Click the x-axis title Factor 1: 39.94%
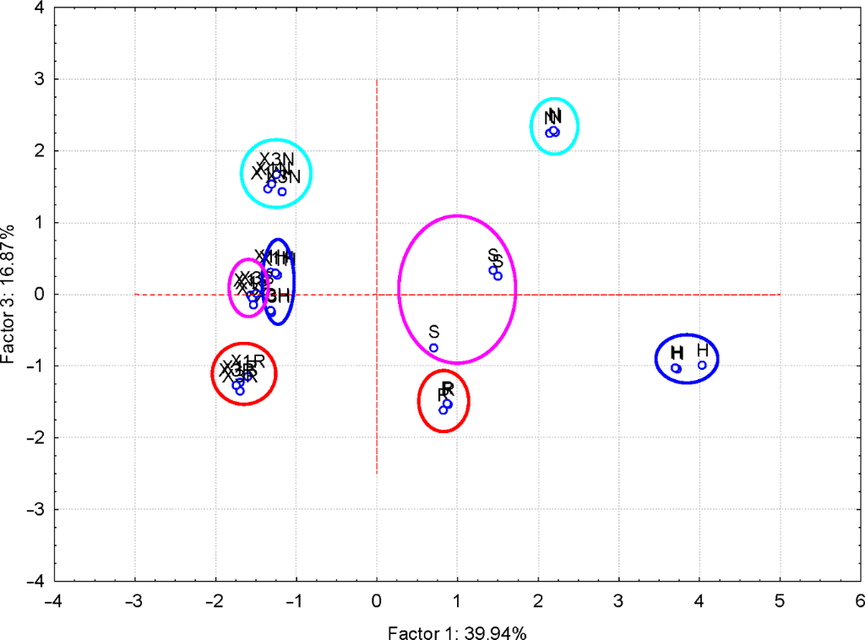(457, 632)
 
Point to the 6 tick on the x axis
(860, 600)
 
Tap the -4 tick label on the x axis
(55, 600)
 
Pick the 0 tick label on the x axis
(377, 600)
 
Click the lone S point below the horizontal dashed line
(434, 348)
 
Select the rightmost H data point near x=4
(702, 365)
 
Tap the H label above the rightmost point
(703, 350)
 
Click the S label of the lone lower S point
(434, 332)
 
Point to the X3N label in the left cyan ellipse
(276, 159)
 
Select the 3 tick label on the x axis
(618, 600)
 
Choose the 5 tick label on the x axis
(780, 600)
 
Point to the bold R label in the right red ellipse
(448, 388)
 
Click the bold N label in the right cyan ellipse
(554, 116)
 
